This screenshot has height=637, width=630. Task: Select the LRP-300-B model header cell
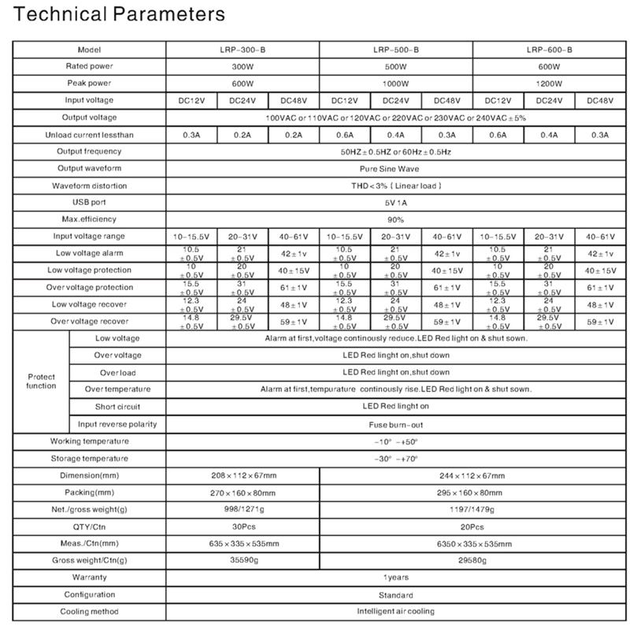243,49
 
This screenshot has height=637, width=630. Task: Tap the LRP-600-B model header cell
549,49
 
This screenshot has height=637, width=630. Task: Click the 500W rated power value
396,66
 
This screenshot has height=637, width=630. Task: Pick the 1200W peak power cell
549,83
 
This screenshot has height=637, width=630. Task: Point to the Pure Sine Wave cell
396,168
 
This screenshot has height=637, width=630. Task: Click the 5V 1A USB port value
396,202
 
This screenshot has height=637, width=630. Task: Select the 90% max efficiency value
396,219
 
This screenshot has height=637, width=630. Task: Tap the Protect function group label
41,381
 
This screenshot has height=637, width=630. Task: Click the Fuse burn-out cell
396,424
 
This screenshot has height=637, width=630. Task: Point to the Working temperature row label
89,441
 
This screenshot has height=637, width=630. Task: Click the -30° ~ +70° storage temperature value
396,458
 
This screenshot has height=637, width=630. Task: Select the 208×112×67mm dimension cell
243,475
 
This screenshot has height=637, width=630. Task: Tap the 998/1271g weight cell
243,509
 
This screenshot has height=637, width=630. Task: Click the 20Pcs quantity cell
472,527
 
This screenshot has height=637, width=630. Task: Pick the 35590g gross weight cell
243,561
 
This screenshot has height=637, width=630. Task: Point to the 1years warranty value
396,578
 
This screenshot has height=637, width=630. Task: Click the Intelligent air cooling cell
396,612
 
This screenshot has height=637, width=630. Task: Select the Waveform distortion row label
89,185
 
